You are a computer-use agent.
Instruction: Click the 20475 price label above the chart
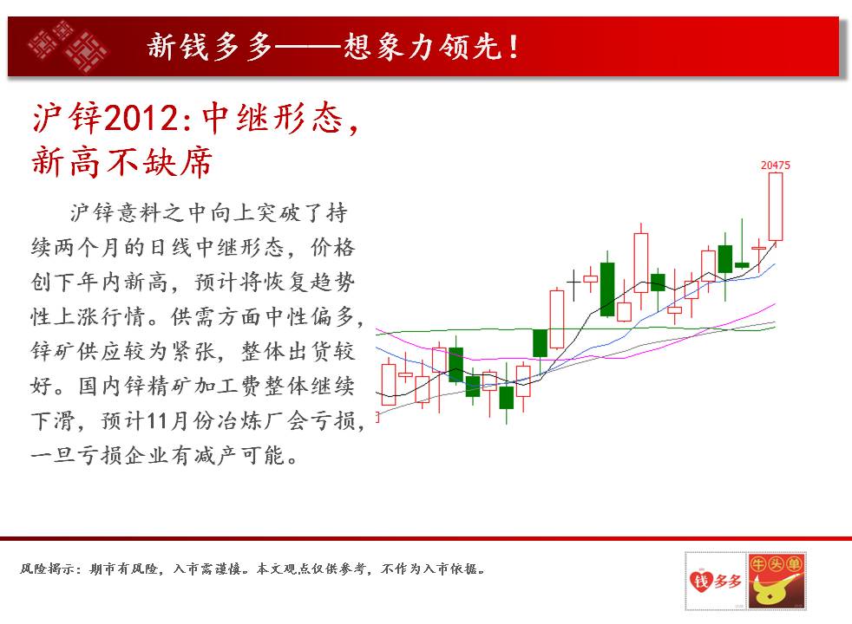(x=776, y=165)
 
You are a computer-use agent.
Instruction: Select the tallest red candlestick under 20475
(x=776, y=207)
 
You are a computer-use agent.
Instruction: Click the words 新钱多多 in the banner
(x=210, y=46)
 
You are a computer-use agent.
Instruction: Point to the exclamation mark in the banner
(x=513, y=47)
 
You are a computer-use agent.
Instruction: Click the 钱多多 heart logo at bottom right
(x=715, y=582)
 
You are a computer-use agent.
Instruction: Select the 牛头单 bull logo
(x=776, y=582)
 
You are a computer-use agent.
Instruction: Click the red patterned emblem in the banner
(x=68, y=46)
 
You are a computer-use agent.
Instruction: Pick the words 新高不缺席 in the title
(x=121, y=162)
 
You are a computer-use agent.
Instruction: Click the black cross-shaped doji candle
(x=573, y=283)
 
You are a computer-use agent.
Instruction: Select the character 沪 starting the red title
(x=47, y=118)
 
